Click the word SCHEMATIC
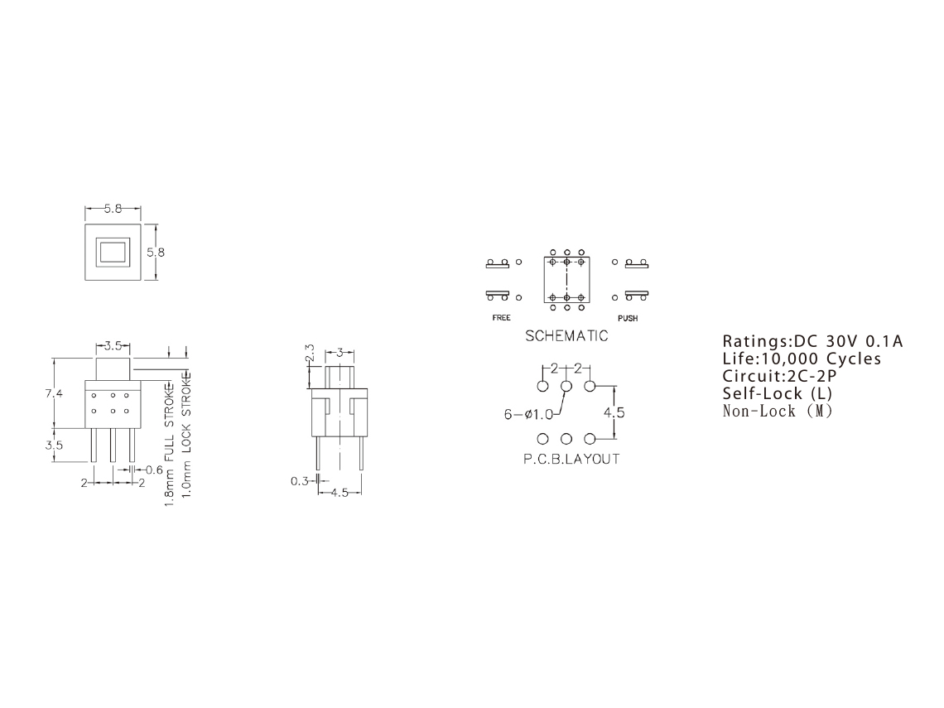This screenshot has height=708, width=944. (566, 336)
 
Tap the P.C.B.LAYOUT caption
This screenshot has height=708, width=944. (571, 459)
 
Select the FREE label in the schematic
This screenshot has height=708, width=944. (501, 318)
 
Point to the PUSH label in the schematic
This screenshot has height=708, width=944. (628, 318)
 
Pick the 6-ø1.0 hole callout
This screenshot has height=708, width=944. (528, 414)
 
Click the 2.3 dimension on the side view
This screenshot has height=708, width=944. (310, 353)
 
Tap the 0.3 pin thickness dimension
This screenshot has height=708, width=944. (299, 481)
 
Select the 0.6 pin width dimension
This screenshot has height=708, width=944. (154, 470)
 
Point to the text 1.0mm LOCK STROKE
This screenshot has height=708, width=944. (186, 435)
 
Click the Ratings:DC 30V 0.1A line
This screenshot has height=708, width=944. (813, 341)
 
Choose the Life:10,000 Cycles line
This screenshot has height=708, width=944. (802, 359)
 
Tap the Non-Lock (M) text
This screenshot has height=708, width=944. (778, 412)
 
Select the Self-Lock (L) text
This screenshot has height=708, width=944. (778, 393)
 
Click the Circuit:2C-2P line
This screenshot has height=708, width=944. (780, 376)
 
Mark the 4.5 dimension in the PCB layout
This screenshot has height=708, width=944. (614, 412)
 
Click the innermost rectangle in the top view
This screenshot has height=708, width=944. (113, 252)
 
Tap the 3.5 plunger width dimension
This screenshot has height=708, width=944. (113, 345)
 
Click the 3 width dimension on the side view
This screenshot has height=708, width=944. (340, 352)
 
